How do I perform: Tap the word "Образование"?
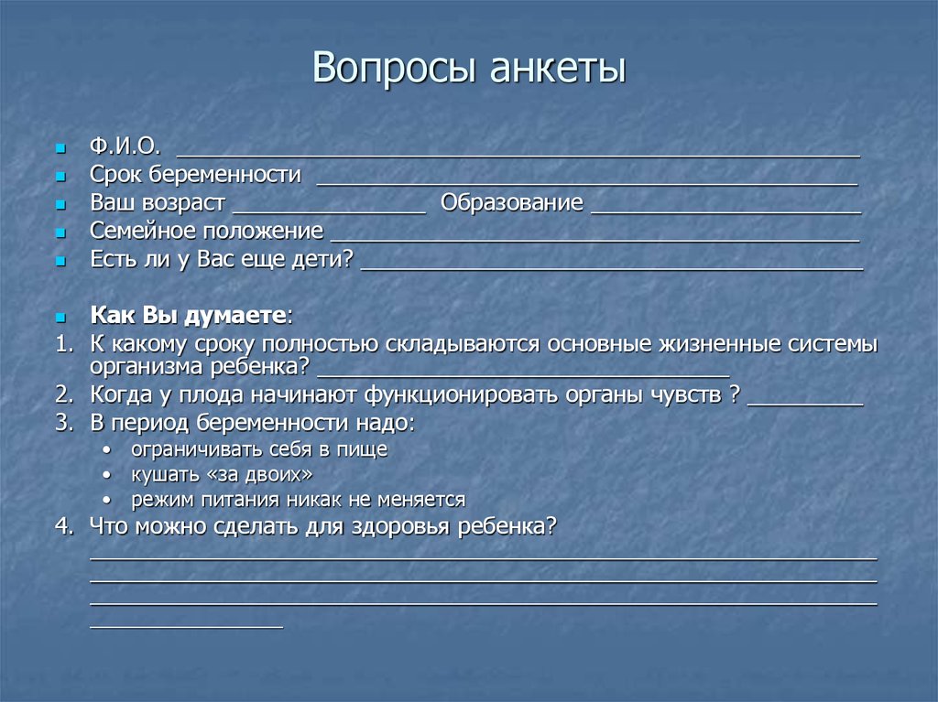[x=511, y=203]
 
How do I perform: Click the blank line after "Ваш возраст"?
[x=330, y=211]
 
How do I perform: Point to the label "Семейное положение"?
[x=206, y=231]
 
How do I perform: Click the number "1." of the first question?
[x=62, y=344]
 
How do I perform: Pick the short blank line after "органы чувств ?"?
[x=805, y=403]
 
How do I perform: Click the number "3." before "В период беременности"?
[x=62, y=424]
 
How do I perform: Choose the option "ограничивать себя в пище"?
[x=258, y=449]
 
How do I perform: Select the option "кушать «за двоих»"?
[x=222, y=474]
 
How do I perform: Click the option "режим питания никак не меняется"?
[x=298, y=500]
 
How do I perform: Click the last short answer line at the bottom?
[x=186, y=627]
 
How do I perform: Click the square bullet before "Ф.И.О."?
[x=60, y=148]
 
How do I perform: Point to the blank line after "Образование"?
[x=725, y=211]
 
